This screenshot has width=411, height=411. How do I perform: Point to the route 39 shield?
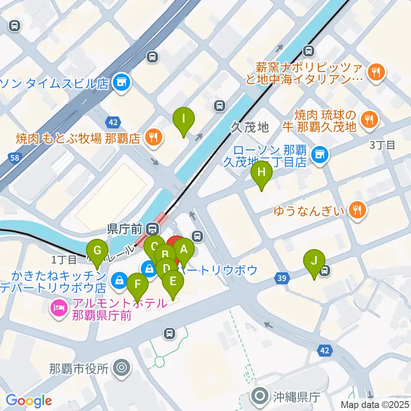coord(281,279)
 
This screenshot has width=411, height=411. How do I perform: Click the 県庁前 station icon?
coord(151,229)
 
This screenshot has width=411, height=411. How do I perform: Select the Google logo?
coord(29,401)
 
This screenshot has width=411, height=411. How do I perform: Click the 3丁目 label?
coord(382,145)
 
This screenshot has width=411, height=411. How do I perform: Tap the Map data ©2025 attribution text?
coord(375,404)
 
